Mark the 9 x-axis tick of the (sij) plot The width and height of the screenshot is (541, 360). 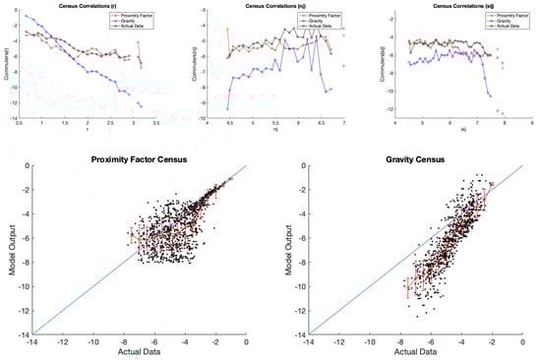coord(532,120)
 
